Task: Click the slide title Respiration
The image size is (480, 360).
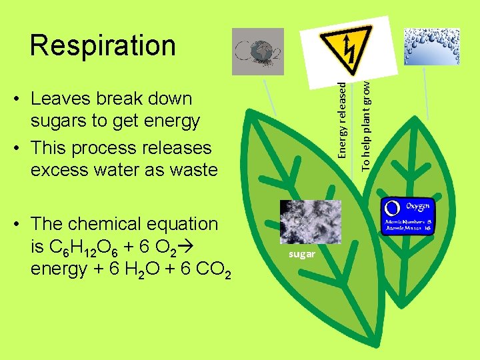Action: tap(103, 45)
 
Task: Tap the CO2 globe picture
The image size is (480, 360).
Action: tap(257, 51)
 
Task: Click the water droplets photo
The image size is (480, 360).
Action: tap(432, 46)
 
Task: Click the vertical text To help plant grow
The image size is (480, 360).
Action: tap(365, 123)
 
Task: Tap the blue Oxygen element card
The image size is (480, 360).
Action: tap(407, 216)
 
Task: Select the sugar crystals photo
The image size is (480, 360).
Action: tap(311, 222)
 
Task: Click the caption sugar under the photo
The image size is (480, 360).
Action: tap(302, 255)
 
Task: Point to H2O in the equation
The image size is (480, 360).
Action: tap(147, 270)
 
